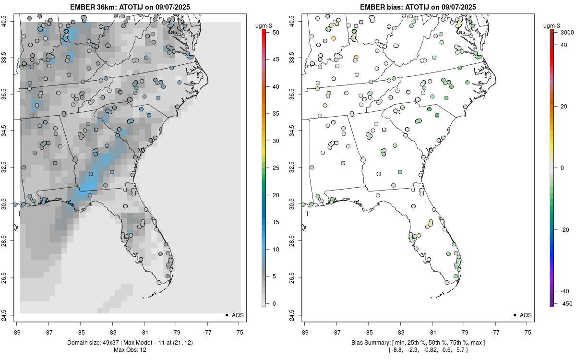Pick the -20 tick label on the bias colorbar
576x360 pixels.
564,229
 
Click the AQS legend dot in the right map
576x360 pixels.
515,315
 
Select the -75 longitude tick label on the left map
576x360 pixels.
240,332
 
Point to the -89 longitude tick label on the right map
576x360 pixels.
305,332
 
